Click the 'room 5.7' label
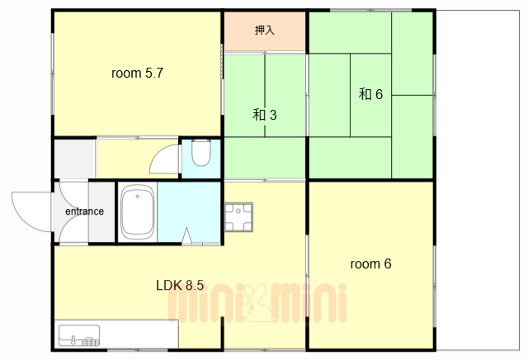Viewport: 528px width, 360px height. (x=137, y=73)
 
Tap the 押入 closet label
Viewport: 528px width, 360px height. (x=265, y=30)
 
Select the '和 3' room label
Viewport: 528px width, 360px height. (x=265, y=115)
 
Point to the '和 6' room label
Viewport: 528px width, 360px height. (x=370, y=94)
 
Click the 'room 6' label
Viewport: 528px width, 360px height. (x=370, y=263)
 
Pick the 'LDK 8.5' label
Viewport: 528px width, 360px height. (x=180, y=285)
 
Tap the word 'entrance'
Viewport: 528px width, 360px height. (x=84, y=211)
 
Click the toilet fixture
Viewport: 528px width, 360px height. (x=201, y=153)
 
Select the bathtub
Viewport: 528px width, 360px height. (x=138, y=212)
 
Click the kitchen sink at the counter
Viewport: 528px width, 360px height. (x=79, y=335)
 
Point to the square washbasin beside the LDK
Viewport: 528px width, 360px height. (x=238, y=217)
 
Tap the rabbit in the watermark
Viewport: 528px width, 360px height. (x=257, y=303)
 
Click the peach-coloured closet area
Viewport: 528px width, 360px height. (x=265, y=31)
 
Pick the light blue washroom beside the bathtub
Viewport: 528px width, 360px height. (x=189, y=211)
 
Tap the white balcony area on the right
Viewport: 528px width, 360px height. (x=478, y=180)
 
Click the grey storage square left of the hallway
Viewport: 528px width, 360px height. (x=75, y=159)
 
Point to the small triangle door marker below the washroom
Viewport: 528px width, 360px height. (x=186, y=235)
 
